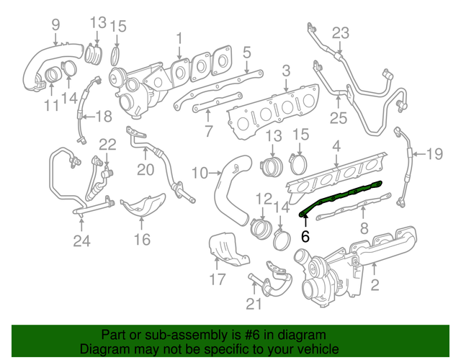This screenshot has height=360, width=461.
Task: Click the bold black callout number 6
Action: [305, 236]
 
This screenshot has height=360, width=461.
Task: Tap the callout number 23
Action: [340, 32]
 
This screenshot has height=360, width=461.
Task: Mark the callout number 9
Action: [55, 27]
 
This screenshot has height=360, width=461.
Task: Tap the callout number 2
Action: [374, 287]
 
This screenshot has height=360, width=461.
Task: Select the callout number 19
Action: [434, 153]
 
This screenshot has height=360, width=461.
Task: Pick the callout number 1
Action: [179, 37]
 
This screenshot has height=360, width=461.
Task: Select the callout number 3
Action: [285, 71]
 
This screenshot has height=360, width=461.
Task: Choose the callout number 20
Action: [146, 171]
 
